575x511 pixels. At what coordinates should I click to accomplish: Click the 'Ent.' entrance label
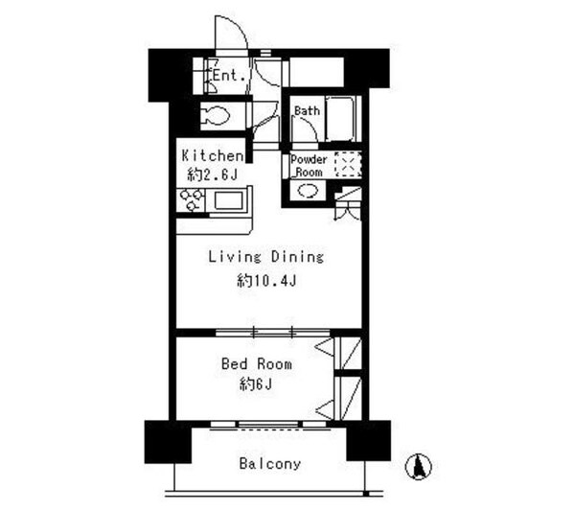(x=229, y=76)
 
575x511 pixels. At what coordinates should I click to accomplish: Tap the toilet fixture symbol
(x=216, y=116)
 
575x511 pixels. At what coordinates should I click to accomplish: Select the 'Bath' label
(x=307, y=110)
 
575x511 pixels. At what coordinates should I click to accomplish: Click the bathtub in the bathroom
(x=340, y=118)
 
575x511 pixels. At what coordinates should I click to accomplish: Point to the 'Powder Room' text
(x=309, y=166)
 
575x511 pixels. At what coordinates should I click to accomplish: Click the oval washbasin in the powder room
(x=308, y=191)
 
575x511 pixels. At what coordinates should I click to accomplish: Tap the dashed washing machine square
(x=348, y=165)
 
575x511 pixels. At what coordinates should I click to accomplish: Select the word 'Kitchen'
(x=213, y=156)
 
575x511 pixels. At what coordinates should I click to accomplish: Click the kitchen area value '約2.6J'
(x=213, y=174)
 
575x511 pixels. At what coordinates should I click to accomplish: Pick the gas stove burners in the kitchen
(x=191, y=200)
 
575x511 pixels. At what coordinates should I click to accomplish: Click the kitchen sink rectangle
(x=228, y=200)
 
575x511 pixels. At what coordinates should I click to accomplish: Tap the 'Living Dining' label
(x=265, y=257)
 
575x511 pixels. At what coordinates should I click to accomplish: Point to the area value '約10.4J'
(x=266, y=281)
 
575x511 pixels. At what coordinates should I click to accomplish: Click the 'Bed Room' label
(x=257, y=364)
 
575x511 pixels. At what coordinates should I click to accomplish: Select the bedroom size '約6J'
(x=256, y=384)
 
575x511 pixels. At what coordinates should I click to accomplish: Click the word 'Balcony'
(x=270, y=464)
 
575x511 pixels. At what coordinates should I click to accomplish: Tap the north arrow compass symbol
(x=419, y=466)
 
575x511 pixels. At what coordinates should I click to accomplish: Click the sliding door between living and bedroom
(x=272, y=333)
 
